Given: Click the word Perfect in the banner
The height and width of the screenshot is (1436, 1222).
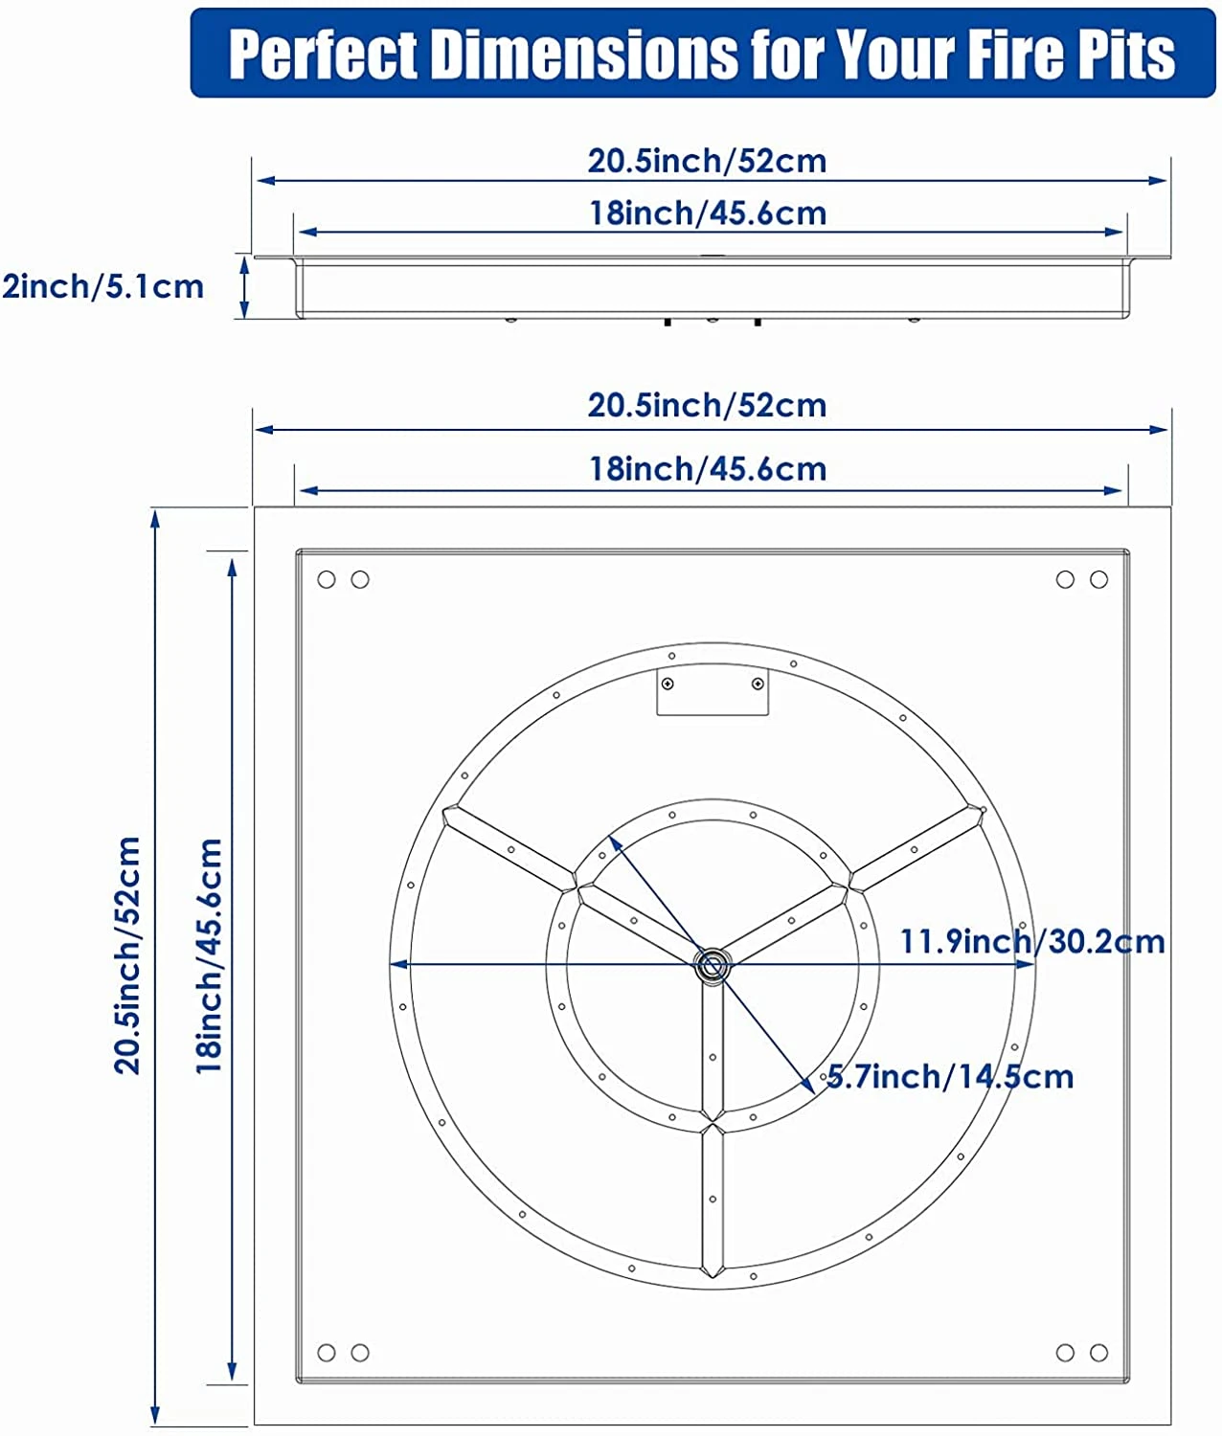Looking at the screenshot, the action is pyautogui.click(x=324, y=55).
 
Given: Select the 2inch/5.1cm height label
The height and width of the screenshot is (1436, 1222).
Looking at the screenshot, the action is pyautogui.click(x=102, y=287).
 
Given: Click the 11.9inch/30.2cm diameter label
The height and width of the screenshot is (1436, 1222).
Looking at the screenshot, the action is pyautogui.click(x=1032, y=941).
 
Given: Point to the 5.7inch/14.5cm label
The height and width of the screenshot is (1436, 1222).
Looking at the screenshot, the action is pyautogui.click(x=949, y=1076).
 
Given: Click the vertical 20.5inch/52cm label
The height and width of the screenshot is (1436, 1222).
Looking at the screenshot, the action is pyautogui.click(x=128, y=955).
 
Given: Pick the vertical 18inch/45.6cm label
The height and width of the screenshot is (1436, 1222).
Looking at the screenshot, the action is pyautogui.click(x=209, y=956).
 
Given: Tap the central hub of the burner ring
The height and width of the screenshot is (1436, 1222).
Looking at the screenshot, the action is pyautogui.click(x=712, y=965).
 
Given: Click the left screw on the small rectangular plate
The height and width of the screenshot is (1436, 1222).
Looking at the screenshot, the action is pyautogui.click(x=668, y=684).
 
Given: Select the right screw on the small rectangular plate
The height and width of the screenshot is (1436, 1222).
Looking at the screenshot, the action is pyautogui.click(x=758, y=684).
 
